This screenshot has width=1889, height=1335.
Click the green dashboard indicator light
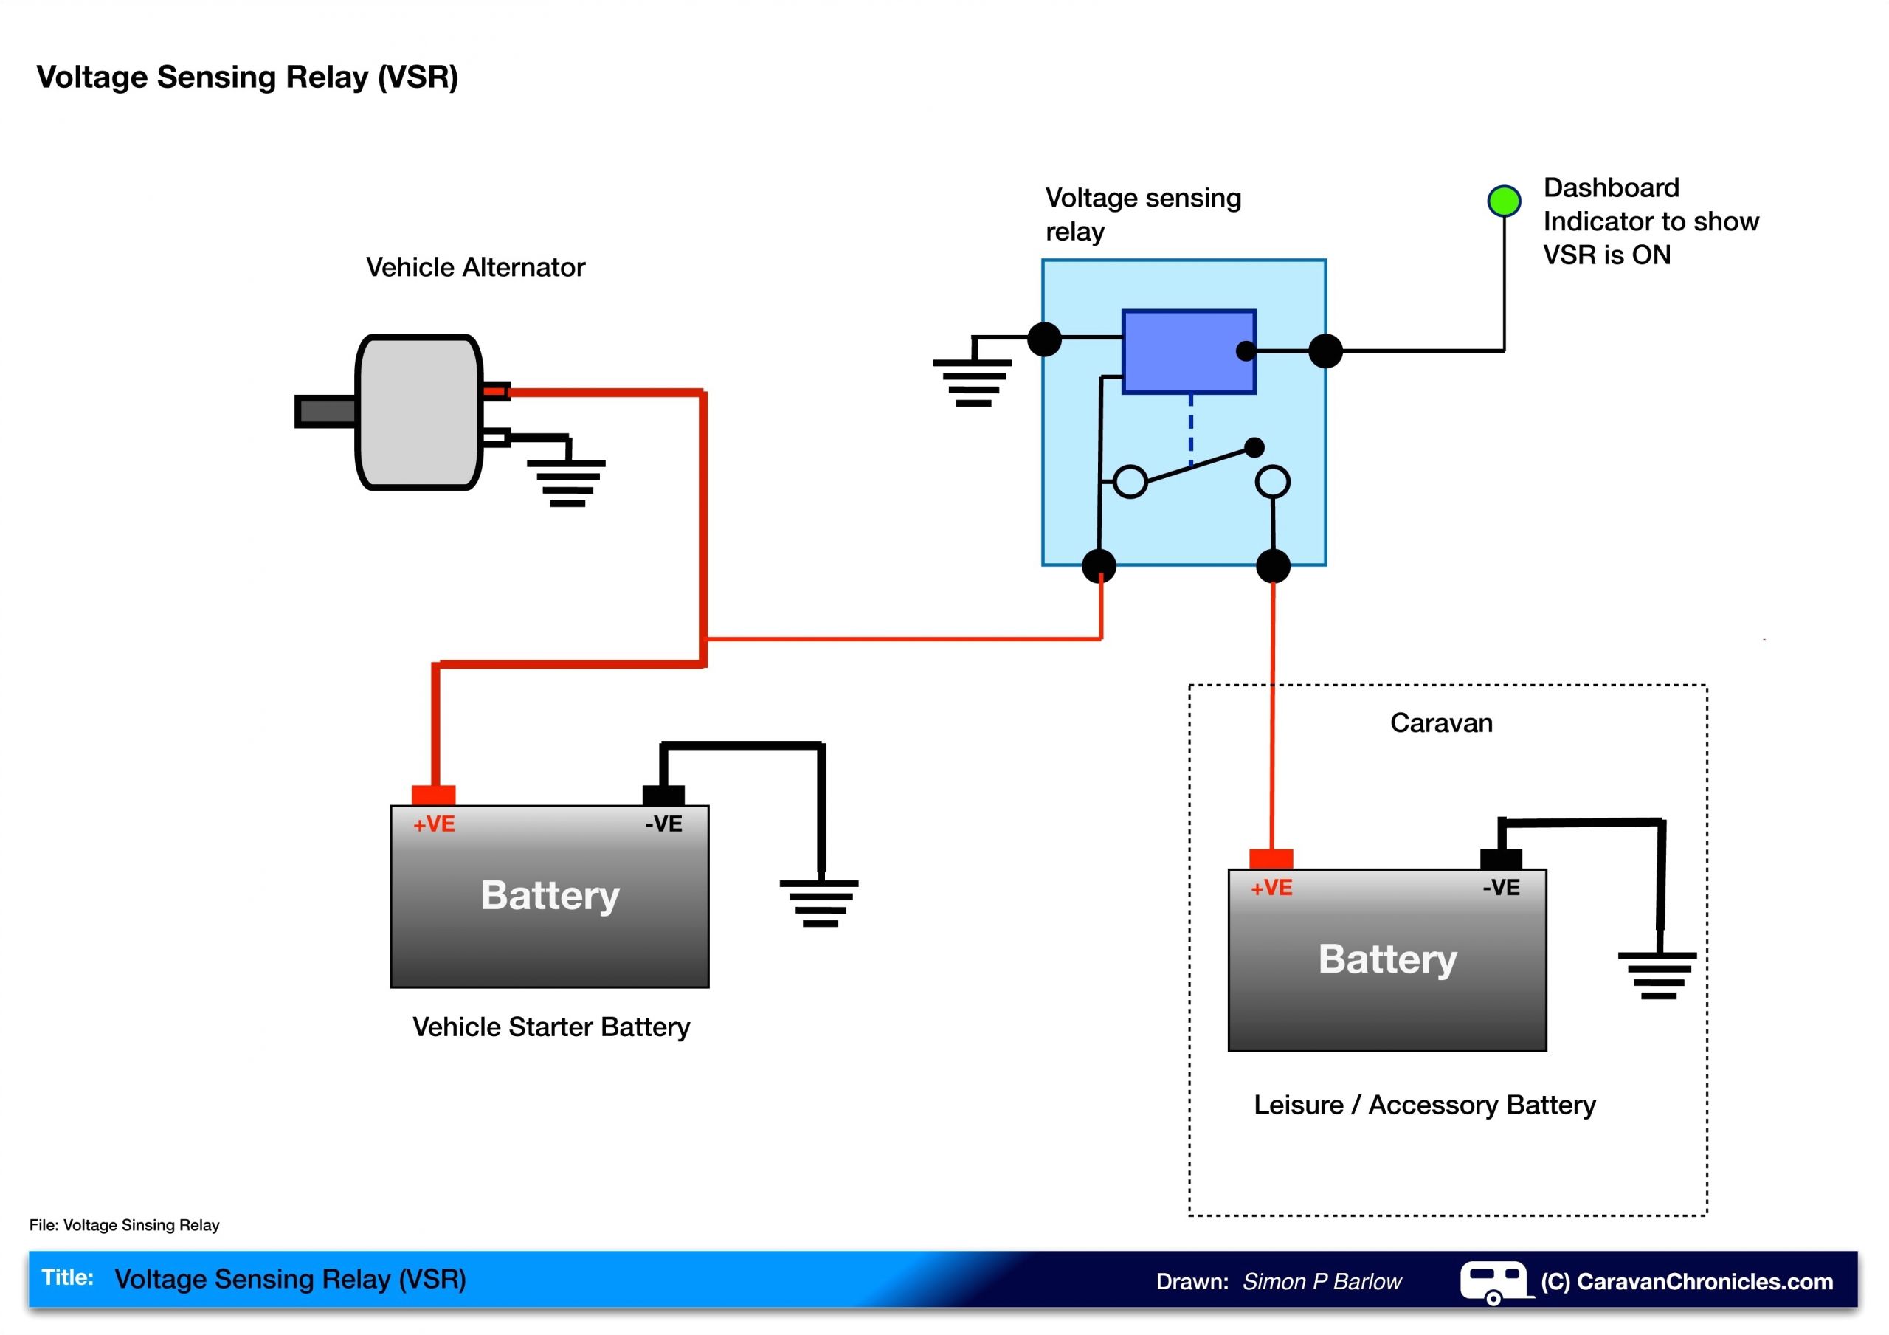pos(1504,201)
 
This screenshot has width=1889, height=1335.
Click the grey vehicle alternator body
pos(418,412)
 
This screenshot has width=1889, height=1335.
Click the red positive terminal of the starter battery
pos(434,795)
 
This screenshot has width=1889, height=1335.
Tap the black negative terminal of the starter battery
pos(663,795)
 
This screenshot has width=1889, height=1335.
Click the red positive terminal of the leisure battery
pos(1271,859)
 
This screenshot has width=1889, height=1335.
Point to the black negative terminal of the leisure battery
pos(1501,859)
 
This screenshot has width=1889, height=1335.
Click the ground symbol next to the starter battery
pos(820,903)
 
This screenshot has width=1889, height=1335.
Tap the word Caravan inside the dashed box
pos(1440,722)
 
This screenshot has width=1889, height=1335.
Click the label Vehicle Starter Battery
pos(551,1027)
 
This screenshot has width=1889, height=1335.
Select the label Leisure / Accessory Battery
pos(1424,1105)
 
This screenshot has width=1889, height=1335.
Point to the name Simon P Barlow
pos(1322,1282)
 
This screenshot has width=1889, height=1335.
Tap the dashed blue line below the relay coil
pos(1190,432)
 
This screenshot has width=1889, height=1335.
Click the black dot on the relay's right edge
pos(1325,351)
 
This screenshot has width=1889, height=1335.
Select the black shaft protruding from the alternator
pos(326,412)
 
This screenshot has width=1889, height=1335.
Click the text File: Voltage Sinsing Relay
pos(124,1225)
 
